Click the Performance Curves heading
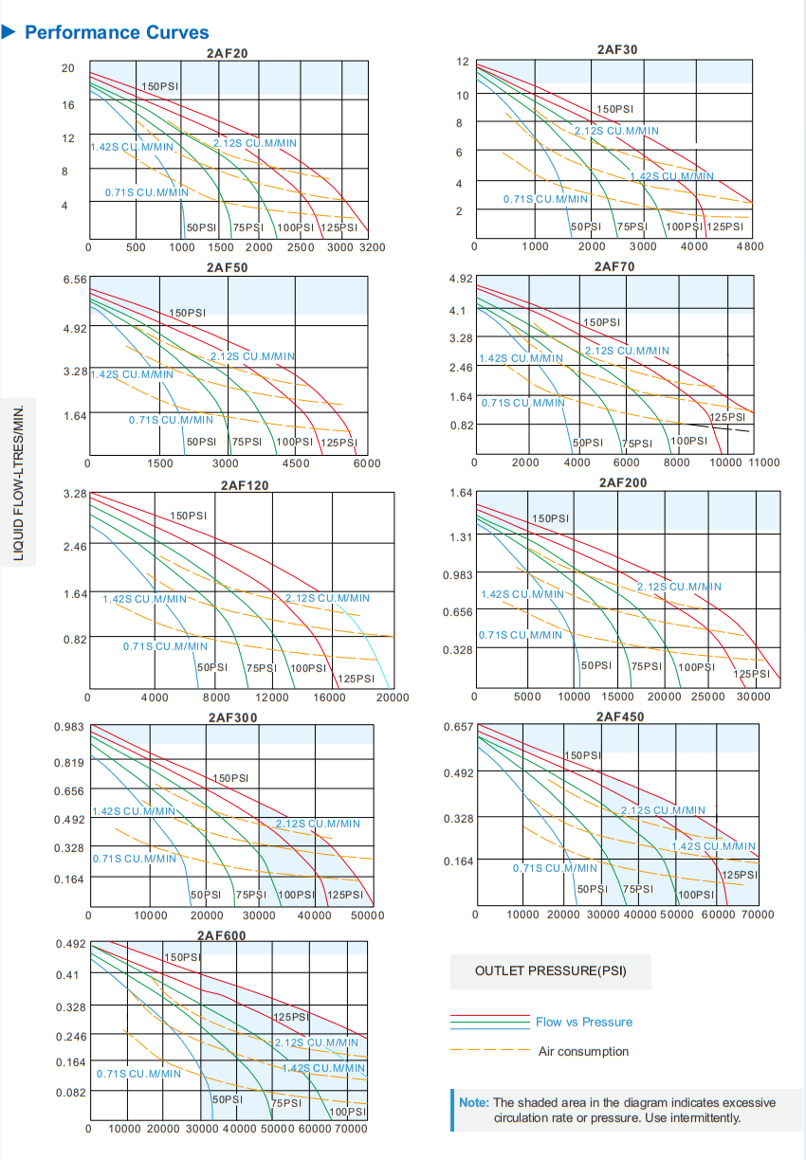(x=117, y=33)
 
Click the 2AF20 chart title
(x=228, y=53)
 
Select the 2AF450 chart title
(x=620, y=716)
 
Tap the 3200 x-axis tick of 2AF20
(x=371, y=247)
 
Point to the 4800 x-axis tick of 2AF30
(x=749, y=246)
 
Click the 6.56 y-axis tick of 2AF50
(x=74, y=280)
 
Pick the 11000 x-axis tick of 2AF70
(x=763, y=462)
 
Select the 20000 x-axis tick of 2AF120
(x=393, y=698)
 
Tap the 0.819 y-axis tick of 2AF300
(x=69, y=763)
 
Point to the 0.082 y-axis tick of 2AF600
(x=71, y=1093)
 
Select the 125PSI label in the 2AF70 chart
(x=728, y=417)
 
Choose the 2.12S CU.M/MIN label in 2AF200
(x=679, y=587)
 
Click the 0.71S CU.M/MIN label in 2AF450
(x=555, y=867)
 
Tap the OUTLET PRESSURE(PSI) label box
(x=550, y=971)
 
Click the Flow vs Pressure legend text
(x=583, y=1022)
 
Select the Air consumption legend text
(x=583, y=1051)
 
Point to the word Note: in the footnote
(x=474, y=1102)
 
